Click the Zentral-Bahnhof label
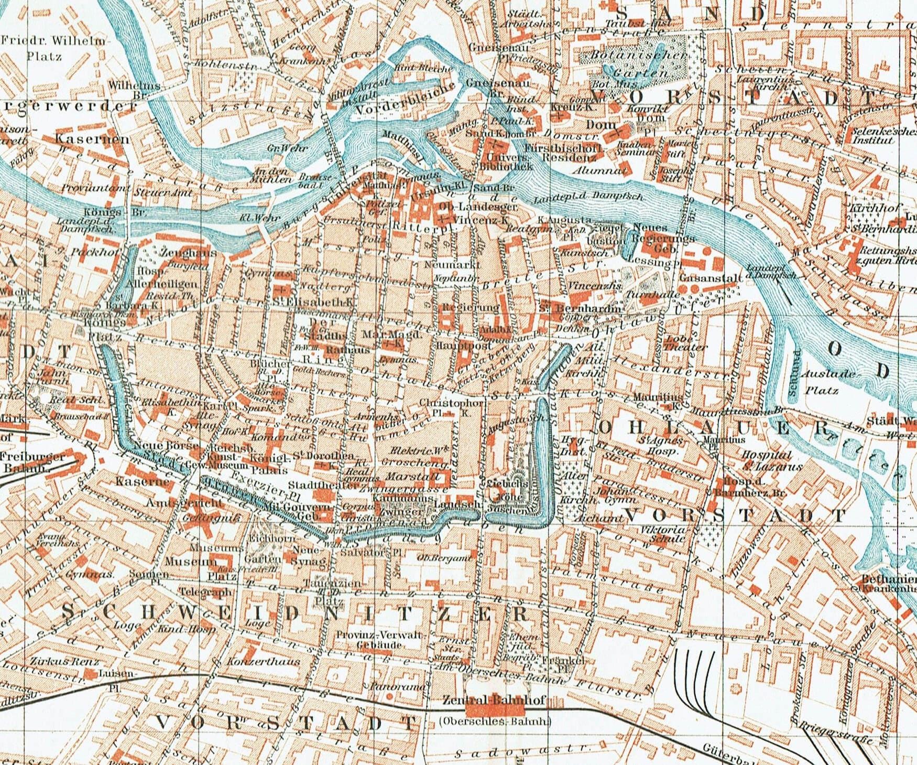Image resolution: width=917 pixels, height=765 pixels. tap(494, 700)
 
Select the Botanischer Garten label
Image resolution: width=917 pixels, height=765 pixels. tap(637, 63)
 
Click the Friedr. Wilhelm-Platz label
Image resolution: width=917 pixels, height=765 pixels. tap(53, 47)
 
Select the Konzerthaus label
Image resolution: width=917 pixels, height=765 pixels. tap(260, 662)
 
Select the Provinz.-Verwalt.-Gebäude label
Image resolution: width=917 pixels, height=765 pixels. tap(372, 640)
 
